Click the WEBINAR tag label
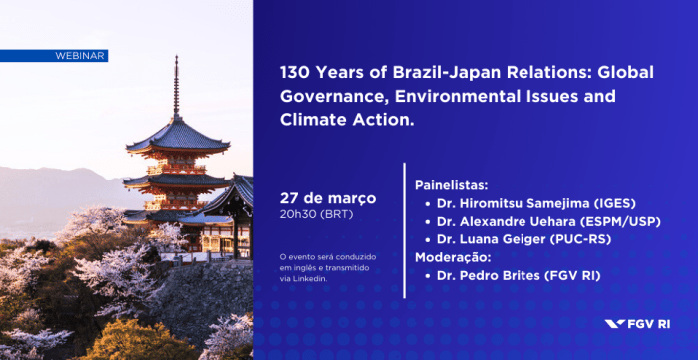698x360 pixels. (x=80, y=56)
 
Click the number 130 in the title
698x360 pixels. (x=295, y=75)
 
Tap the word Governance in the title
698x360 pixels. (x=330, y=98)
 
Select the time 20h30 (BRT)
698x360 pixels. (x=316, y=214)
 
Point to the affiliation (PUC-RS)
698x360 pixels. (x=582, y=239)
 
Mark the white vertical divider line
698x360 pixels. (x=404, y=229)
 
